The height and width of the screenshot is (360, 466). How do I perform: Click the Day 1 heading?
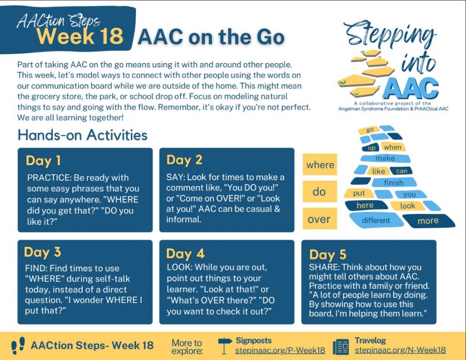[x=43, y=161]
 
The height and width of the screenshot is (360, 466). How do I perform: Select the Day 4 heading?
[x=185, y=254]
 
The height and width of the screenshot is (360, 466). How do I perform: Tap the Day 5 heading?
[x=328, y=255]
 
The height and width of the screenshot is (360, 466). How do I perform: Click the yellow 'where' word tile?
[x=320, y=164]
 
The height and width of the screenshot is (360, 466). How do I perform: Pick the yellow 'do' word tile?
[x=320, y=192]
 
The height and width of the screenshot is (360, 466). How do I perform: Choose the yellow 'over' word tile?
[x=320, y=218]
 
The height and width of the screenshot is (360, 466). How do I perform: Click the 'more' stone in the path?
[x=429, y=221]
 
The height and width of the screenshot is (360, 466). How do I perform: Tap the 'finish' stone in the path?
[x=394, y=182]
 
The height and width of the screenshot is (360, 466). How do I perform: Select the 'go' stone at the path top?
[x=370, y=130]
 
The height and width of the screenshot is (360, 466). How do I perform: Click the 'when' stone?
[x=393, y=147]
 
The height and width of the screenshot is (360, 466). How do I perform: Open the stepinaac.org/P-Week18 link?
[x=280, y=350]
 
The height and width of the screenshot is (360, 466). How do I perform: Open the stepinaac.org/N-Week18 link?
[x=400, y=350]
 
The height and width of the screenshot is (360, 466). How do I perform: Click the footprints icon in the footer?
[x=18, y=345]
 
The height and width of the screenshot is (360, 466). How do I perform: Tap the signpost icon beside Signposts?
[x=225, y=346]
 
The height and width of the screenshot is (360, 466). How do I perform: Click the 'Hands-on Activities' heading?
[x=83, y=135]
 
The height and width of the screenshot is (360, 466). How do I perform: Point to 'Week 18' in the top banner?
[x=80, y=36]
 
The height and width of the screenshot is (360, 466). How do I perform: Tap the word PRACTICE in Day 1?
[x=49, y=177]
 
